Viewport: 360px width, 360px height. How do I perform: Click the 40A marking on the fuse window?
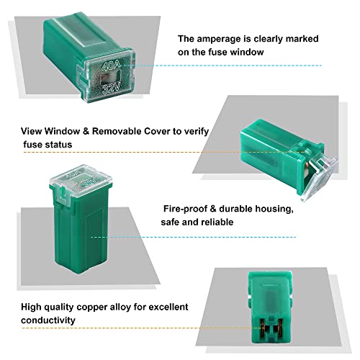[x=111, y=66]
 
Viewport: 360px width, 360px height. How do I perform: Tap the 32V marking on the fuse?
[x=111, y=89]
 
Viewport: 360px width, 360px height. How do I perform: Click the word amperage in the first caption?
[x=218, y=39]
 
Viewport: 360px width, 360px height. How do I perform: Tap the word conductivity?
[x=48, y=320]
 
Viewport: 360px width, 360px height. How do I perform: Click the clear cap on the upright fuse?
[x=81, y=181]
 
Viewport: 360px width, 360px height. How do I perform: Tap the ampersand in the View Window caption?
[x=86, y=131]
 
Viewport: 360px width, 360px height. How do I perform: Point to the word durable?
[x=235, y=209]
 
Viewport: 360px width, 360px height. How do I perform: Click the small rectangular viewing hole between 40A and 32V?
[x=111, y=77]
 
